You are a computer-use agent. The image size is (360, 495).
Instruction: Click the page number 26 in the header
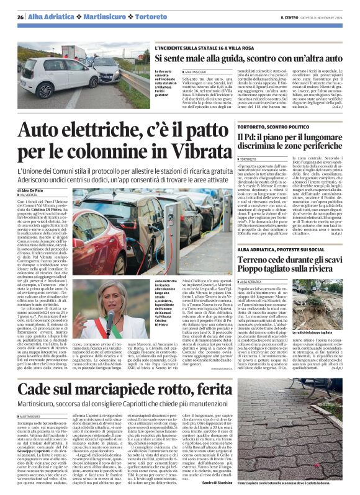(20, 17)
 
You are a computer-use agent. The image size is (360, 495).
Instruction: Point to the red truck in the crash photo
(74, 53)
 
